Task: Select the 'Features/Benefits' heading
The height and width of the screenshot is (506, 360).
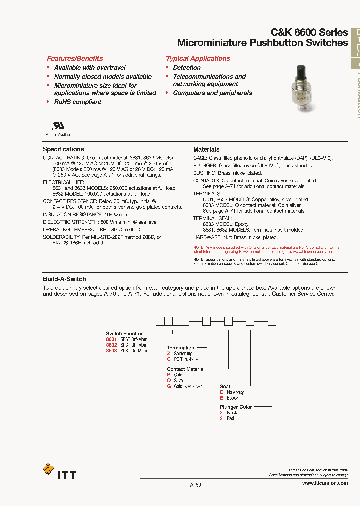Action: [x=75, y=58]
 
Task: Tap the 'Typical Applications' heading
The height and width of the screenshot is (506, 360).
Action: [x=198, y=58]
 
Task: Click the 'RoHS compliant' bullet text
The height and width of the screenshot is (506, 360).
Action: [x=77, y=102]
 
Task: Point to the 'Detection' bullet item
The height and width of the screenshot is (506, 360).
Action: [x=187, y=68]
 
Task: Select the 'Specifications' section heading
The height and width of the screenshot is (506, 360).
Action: [x=63, y=149]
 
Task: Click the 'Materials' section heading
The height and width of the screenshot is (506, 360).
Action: [x=206, y=149]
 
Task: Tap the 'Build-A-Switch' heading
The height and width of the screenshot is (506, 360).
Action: [x=64, y=279]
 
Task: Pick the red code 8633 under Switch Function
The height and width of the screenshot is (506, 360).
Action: [x=111, y=351]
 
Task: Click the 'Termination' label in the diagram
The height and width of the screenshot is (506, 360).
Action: [x=180, y=348]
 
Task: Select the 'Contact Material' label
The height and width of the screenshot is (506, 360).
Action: [x=185, y=369]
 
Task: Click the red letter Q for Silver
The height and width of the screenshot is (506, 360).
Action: [x=169, y=380]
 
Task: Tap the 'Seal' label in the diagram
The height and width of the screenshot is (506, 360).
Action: [x=225, y=386]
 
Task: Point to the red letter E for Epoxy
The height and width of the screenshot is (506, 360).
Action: [x=222, y=398]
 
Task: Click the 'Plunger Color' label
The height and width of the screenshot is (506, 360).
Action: [x=236, y=407]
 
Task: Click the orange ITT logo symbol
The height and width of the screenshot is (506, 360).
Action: [x=48, y=469]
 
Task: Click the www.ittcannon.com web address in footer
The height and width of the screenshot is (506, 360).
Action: [x=325, y=483]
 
